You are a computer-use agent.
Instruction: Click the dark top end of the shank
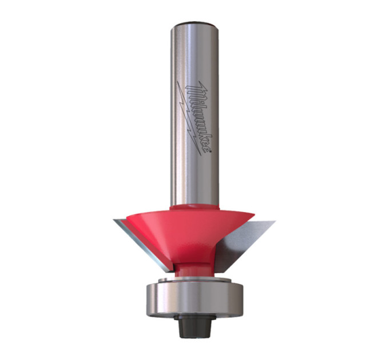click(194, 24)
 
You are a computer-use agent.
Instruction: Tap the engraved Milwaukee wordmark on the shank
click(199, 117)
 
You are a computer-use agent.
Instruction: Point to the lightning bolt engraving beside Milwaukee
click(189, 118)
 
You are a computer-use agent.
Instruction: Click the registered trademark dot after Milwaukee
click(211, 150)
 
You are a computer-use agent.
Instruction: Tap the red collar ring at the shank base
click(194, 207)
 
